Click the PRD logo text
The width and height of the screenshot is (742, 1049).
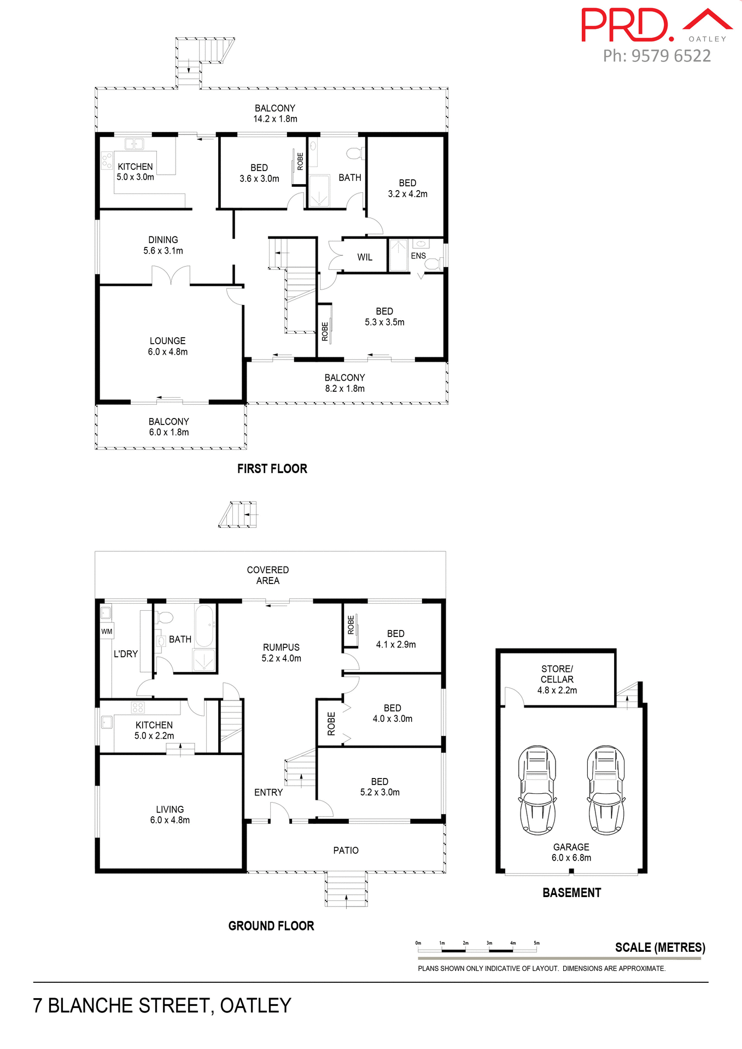(626, 25)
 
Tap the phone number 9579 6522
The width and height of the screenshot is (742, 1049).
(671, 56)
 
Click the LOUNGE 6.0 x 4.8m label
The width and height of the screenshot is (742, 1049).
(167, 346)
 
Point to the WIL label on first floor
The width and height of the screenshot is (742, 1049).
(365, 257)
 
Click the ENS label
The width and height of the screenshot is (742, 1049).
(418, 256)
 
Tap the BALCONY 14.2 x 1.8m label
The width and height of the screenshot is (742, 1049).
(275, 113)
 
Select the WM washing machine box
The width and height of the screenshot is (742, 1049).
(107, 631)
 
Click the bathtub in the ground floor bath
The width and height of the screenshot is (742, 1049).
(205, 626)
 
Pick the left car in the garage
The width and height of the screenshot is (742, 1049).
(537, 789)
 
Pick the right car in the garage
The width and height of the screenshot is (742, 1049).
(606, 789)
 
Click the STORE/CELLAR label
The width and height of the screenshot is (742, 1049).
(557, 679)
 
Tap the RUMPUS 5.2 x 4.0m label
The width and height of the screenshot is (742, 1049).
(281, 652)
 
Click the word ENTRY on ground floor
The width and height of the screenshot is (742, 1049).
(268, 792)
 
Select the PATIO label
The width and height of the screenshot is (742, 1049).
(346, 850)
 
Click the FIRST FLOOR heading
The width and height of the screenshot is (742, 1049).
(272, 468)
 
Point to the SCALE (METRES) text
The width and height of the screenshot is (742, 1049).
(659, 947)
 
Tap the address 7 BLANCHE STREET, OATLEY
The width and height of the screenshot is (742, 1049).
(162, 1005)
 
